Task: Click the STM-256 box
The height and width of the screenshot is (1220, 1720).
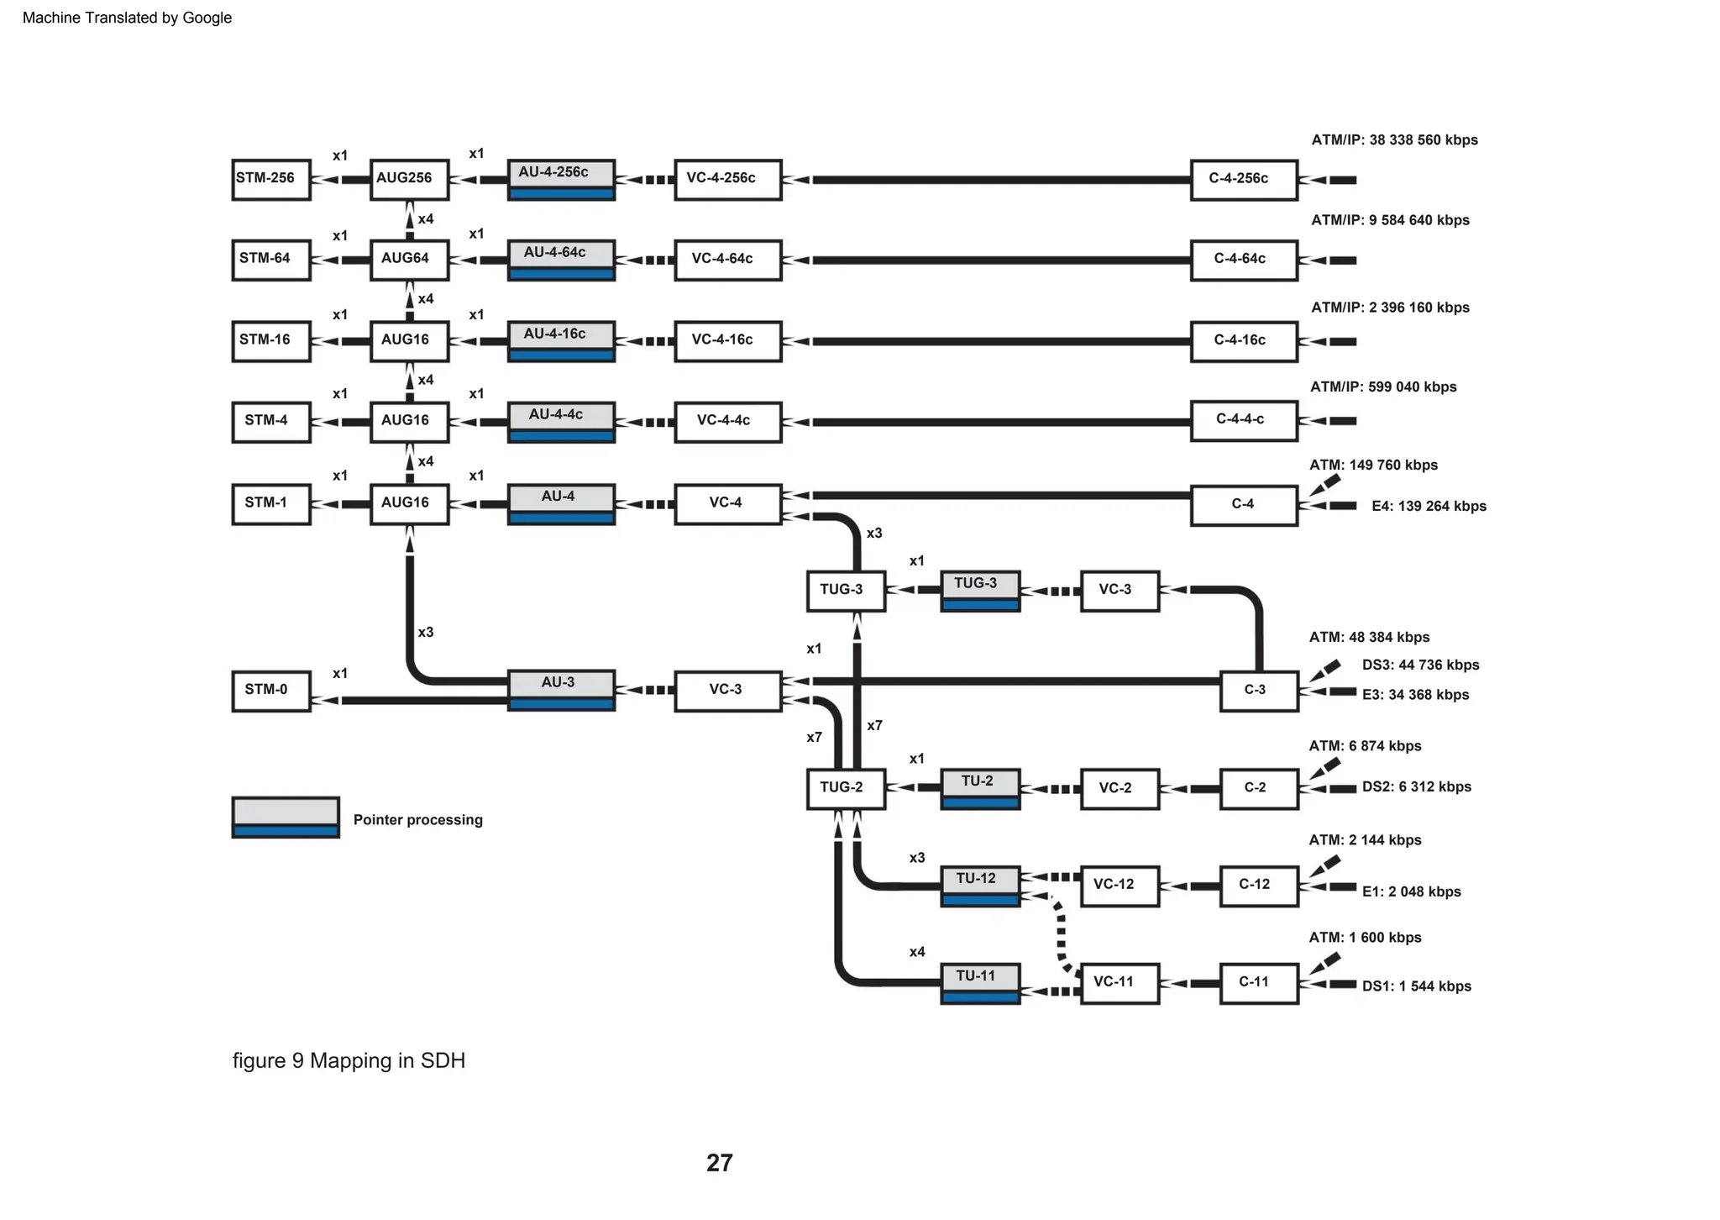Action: (270, 179)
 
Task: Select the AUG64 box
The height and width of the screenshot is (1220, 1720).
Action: (409, 260)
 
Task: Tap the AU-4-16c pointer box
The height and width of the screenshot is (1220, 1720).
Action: (560, 341)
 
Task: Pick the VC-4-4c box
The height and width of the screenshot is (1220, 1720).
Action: (727, 422)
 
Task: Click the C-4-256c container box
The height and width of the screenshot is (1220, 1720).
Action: (1243, 180)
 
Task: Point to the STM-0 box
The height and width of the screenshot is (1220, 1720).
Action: (270, 691)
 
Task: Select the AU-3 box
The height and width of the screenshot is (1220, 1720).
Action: (560, 690)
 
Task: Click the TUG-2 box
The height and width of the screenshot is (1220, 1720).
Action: (845, 788)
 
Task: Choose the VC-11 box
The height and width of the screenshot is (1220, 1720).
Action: (1119, 983)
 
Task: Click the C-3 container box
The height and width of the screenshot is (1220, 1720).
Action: (1258, 691)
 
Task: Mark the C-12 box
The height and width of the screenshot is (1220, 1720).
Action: (1258, 886)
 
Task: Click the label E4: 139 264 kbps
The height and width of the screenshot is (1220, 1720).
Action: (1428, 506)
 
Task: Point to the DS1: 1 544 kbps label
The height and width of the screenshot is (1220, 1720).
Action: (1416, 986)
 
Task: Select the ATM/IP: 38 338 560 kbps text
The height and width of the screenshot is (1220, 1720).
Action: (1394, 140)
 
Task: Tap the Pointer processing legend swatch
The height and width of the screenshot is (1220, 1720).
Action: (286, 818)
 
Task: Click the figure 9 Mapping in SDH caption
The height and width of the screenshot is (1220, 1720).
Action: (349, 1060)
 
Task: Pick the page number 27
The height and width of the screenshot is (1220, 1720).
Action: (719, 1163)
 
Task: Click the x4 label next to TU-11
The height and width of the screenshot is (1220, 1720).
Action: (916, 952)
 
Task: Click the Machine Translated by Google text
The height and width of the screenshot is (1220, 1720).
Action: (127, 18)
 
